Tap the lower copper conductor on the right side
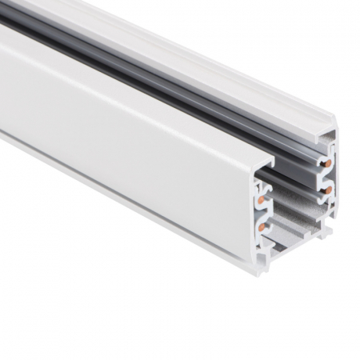[x=328, y=190]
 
